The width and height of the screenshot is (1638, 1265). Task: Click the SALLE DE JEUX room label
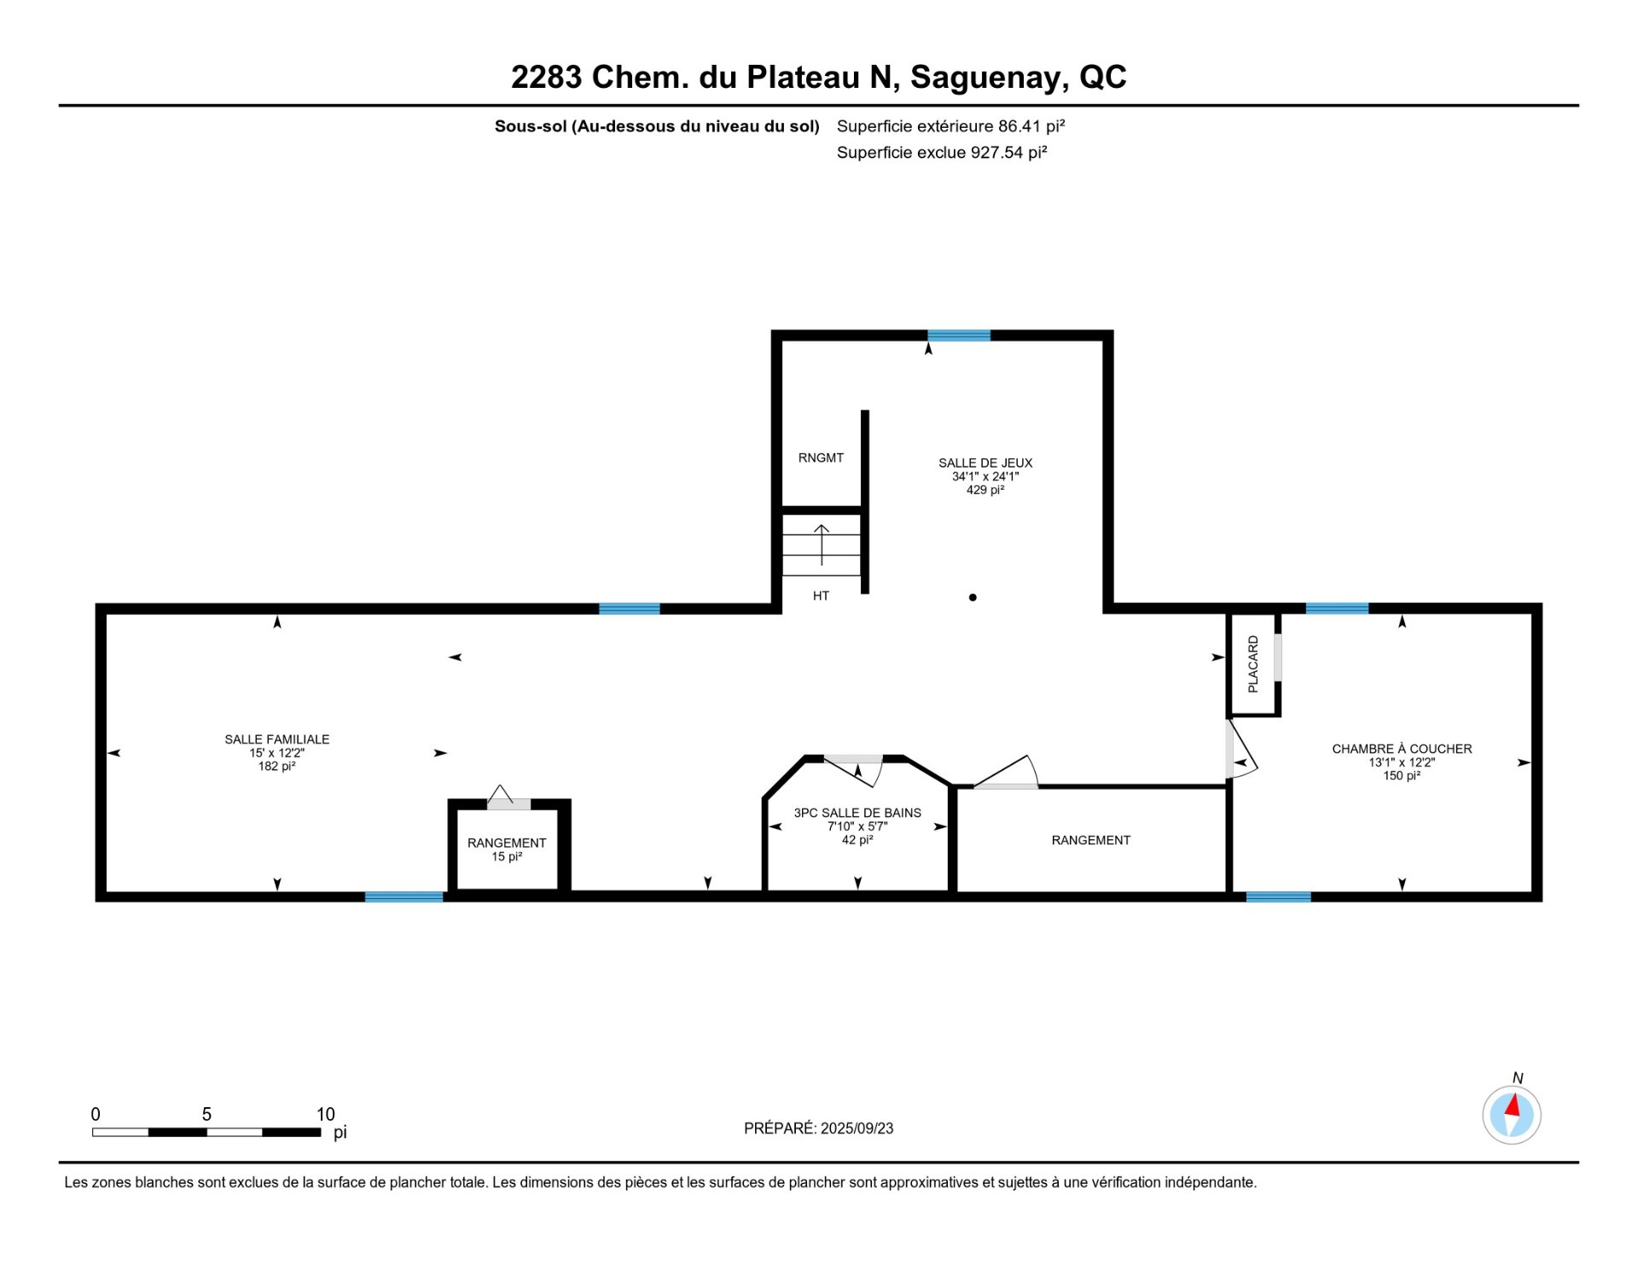click(x=985, y=463)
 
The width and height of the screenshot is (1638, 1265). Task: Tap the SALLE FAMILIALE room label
click(x=277, y=740)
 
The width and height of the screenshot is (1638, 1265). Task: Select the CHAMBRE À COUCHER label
click(x=1402, y=749)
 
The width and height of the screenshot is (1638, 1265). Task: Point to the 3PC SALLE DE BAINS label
click(x=857, y=813)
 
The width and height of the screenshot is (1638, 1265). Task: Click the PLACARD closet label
click(x=1253, y=664)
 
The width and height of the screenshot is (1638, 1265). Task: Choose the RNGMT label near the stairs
click(x=821, y=458)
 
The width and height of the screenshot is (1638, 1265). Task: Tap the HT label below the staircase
click(x=821, y=596)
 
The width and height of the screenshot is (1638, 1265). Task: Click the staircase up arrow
click(x=822, y=544)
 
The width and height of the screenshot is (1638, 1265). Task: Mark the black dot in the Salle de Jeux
click(x=973, y=597)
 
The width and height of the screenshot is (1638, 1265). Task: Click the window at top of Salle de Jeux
click(x=959, y=335)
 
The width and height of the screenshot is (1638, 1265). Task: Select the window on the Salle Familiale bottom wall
click(x=404, y=897)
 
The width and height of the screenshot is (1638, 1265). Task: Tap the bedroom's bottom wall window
click(x=1278, y=897)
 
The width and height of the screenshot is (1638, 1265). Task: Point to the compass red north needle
click(x=1513, y=1106)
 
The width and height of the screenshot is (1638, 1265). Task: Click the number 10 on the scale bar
click(x=326, y=1114)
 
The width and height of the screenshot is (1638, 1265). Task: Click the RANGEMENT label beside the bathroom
click(x=1091, y=840)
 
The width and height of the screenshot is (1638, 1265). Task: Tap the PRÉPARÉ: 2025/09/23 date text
click(x=819, y=1128)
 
